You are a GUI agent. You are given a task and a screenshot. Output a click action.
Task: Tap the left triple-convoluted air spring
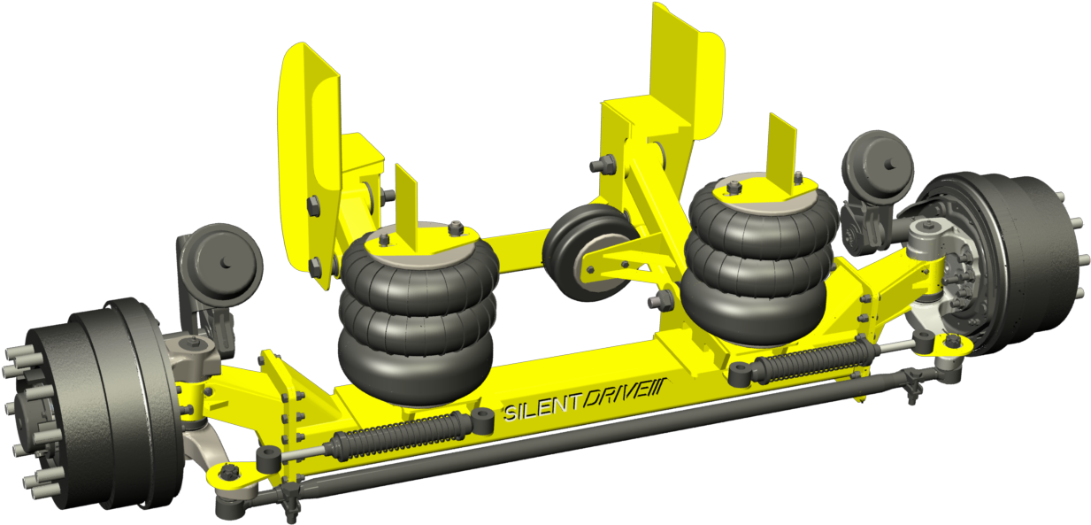415,314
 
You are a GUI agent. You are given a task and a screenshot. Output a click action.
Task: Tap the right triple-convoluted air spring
760,261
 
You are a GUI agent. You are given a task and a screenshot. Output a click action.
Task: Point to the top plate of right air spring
761,187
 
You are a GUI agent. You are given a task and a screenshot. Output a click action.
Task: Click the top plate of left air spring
416,238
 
